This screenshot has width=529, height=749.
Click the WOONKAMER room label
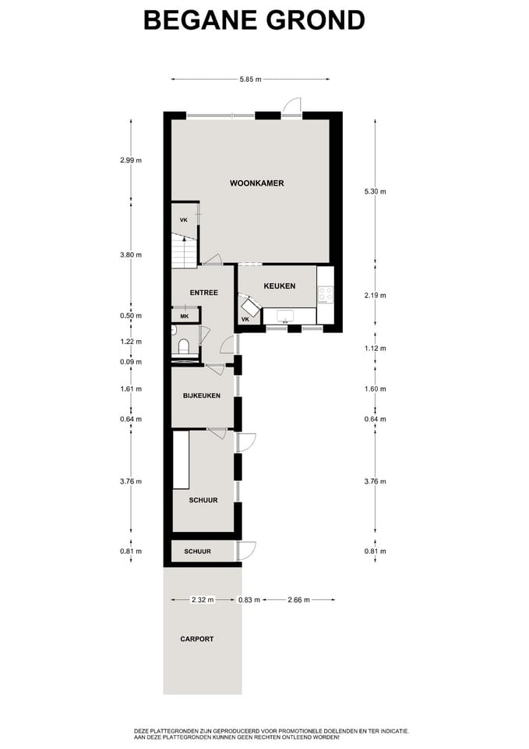(x=256, y=183)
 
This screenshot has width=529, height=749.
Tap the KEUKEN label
(x=279, y=286)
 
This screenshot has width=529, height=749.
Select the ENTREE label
(x=203, y=293)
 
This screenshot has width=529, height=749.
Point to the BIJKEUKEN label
(x=201, y=396)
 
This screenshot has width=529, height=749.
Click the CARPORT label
(x=196, y=639)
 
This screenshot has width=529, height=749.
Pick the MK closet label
(x=184, y=316)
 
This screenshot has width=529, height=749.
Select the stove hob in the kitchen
(x=325, y=295)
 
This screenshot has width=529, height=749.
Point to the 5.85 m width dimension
(x=249, y=79)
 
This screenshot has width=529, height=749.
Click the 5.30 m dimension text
(x=376, y=191)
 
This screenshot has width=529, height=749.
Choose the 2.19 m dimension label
(x=376, y=295)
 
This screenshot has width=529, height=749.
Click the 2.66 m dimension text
(x=298, y=600)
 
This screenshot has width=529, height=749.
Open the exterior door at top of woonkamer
(x=291, y=108)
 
